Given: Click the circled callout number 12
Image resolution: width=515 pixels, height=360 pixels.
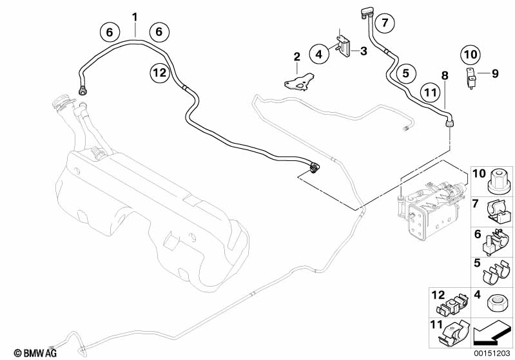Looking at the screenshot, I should [x=159, y=72].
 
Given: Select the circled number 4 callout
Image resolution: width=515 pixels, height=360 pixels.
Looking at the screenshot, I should [x=318, y=55].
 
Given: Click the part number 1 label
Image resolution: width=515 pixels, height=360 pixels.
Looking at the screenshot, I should [x=135, y=15].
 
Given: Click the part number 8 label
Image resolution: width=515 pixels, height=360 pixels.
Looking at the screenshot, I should [x=444, y=75].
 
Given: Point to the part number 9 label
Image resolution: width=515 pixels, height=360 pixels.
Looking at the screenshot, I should [x=495, y=74].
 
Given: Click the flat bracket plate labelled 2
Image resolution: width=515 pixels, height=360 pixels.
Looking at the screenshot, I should [x=298, y=82].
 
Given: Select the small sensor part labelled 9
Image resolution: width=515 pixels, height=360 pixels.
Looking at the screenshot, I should [x=470, y=77].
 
